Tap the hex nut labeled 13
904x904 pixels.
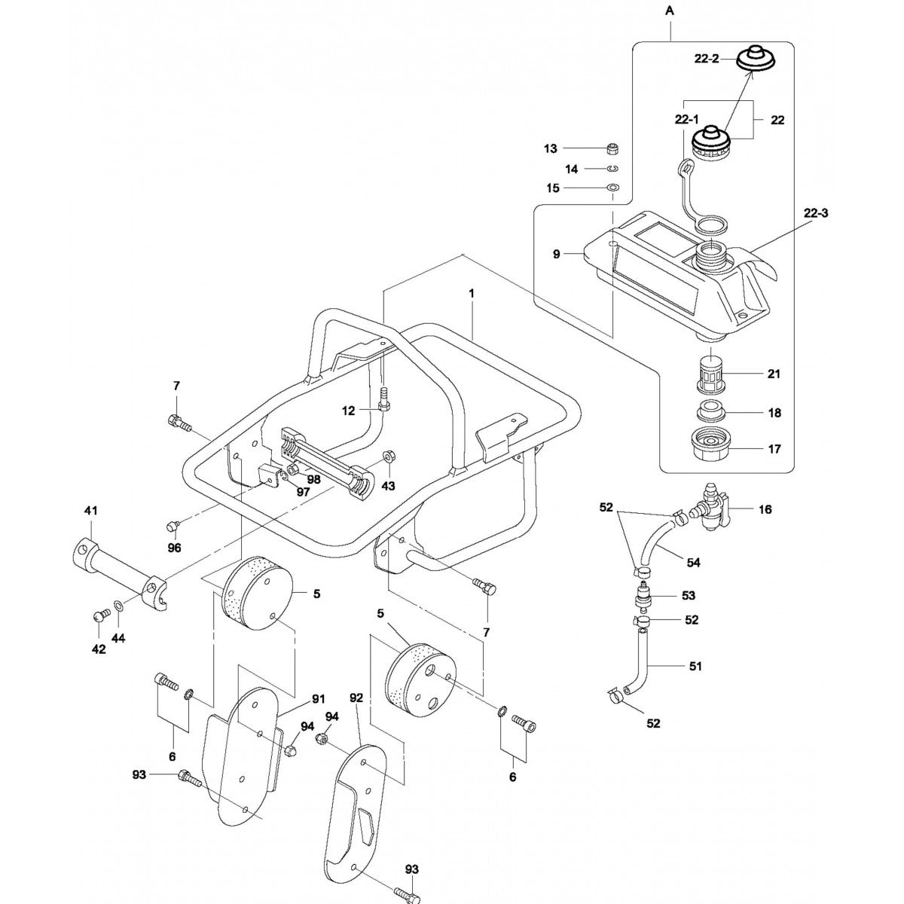612,148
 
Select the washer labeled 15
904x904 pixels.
612,187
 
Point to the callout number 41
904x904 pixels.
91,511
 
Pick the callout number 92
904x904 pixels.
356,698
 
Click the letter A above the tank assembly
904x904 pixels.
669,11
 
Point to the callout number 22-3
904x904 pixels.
815,213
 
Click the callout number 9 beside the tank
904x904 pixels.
557,255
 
